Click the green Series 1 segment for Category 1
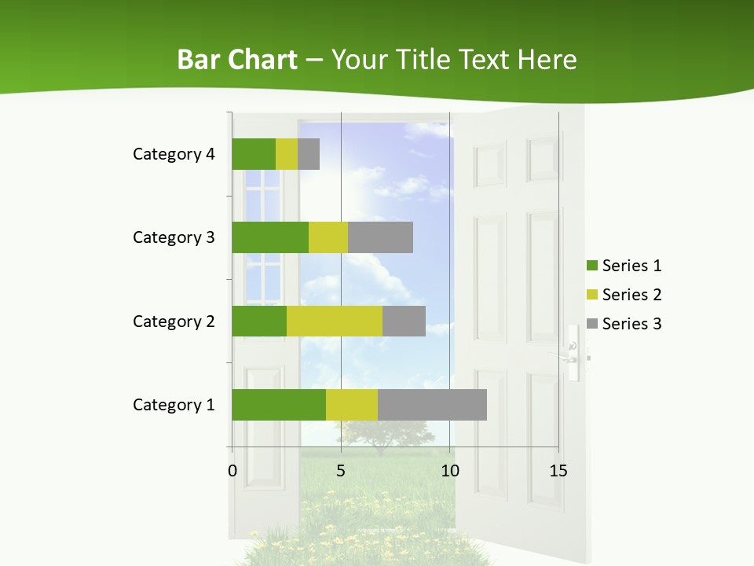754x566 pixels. [x=278, y=405]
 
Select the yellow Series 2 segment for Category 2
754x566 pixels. [x=334, y=321]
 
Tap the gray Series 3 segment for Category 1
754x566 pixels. [x=432, y=405]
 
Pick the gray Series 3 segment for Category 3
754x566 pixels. [x=380, y=237]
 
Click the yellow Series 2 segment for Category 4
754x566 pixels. [x=287, y=154]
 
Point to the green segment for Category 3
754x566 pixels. [x=270, y=237]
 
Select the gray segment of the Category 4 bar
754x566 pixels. [x=309, y=154]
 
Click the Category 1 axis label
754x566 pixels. [x=174, y=405]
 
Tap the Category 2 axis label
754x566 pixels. [x=174, y=321]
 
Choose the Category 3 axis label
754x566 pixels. [x=174, y=237]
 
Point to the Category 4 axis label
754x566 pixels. [x=174, y=154]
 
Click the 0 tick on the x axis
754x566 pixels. [x=232, y=471]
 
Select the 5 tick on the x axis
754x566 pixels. [x=341, y=471]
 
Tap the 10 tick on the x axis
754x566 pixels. [x=449, y=471]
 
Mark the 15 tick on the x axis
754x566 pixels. [x=558, y=471]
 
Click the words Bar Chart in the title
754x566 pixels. [x=237, y=60]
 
